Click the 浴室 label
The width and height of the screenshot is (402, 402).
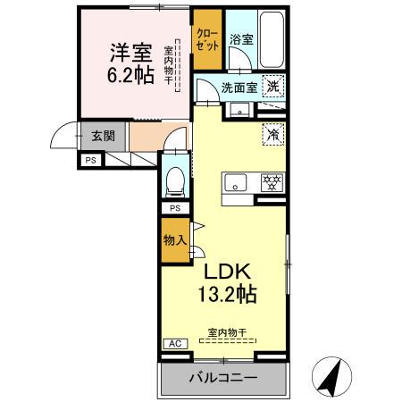(x=241, y=39)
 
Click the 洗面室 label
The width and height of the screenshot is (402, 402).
(x=239, y=88)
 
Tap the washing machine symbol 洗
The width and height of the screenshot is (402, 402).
(x=273, y=87)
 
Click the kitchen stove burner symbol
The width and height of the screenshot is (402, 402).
(x=270, y=182)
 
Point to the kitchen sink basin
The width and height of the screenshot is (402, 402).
(x=237, y=184)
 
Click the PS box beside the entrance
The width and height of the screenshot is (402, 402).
(x=89, y=161)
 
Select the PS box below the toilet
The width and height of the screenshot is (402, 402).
(x=175, y=209)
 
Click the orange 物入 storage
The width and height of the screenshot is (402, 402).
(x=174, y=239)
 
